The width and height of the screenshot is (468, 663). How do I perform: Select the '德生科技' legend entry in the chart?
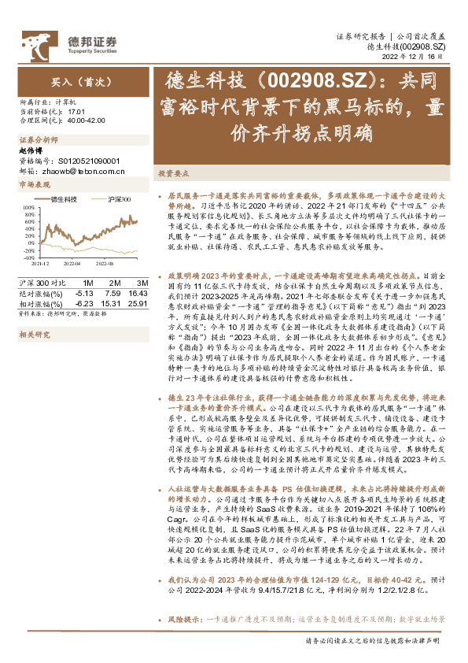point(61,199)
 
